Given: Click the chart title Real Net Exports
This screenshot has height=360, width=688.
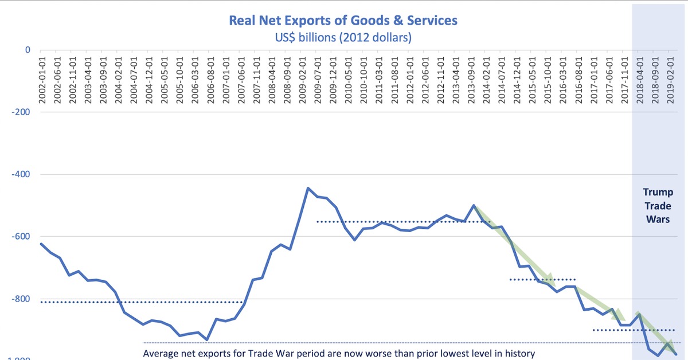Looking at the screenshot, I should (343, 21).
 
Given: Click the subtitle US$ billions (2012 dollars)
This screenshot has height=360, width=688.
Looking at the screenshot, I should (343, 38).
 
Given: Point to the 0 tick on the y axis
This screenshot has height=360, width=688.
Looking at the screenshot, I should (27, 50).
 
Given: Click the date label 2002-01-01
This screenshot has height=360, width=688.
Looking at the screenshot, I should (42, 80).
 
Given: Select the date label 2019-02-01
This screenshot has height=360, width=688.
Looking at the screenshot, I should (672, 80).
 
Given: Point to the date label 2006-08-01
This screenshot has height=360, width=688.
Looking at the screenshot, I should (211, 80).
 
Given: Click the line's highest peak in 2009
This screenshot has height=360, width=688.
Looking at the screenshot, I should (308, 188).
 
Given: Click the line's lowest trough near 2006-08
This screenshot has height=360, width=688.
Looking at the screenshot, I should (207, 340).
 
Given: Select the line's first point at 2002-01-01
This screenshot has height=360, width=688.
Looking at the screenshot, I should (41, 244).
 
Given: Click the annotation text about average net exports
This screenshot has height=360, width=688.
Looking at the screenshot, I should (338, 353).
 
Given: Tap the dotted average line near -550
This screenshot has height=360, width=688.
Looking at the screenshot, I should (401, 221).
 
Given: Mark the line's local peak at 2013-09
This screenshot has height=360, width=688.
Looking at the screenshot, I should (473, 205).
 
